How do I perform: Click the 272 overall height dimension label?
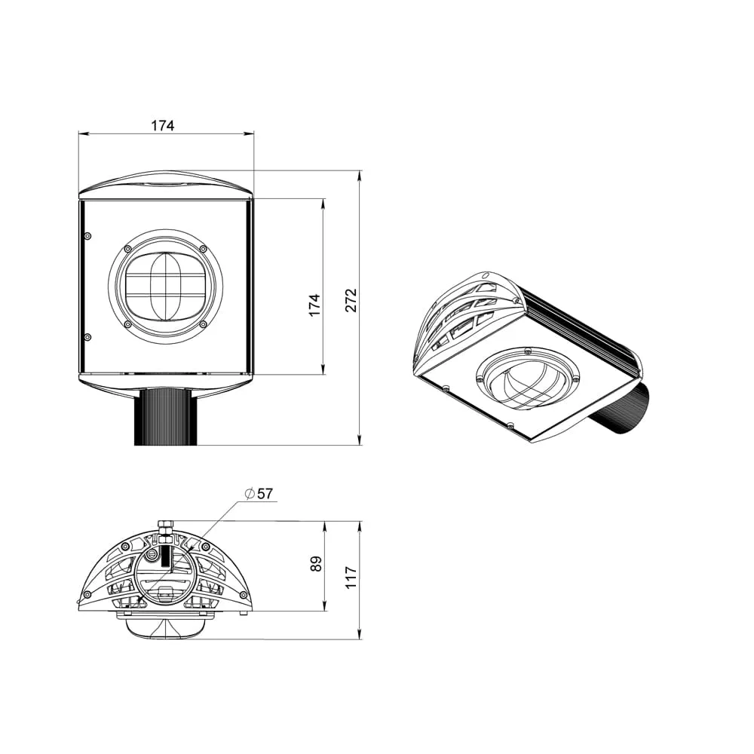click(x=351, y=300)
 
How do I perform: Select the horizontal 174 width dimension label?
click(x=163, y=125)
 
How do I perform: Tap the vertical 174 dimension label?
click(x=314, y=305)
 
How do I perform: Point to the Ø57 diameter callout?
click(x=259, y=494)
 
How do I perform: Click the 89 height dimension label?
click(x=316, y=563)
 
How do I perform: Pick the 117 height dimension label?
click(x=351, y=577)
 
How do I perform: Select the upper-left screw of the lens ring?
click(x=127, y=249)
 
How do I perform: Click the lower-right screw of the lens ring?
click(x=203, y=324)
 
